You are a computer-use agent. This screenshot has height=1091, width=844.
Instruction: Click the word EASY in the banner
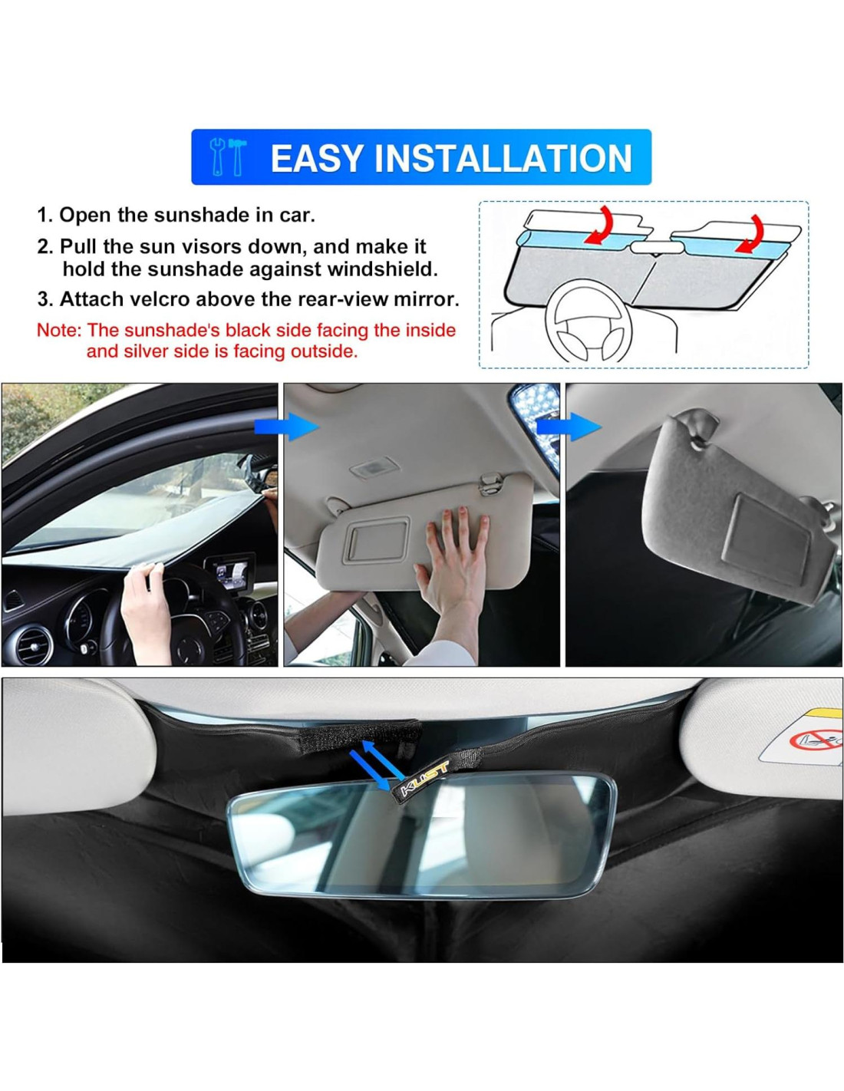coord(317,157)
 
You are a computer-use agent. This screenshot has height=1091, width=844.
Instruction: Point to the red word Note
coord(58,331)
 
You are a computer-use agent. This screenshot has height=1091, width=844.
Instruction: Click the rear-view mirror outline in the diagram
coord(656,246)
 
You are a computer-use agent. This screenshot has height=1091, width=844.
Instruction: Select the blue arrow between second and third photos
coord(569,427)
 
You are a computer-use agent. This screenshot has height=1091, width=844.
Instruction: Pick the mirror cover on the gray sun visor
coord(767,547)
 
